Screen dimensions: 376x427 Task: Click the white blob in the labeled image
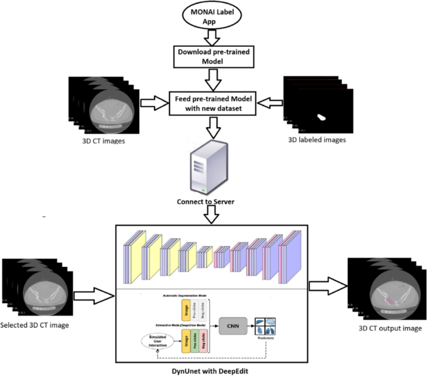click(x=323, y=116)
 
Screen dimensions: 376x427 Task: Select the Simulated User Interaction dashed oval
click(x=160, y=341)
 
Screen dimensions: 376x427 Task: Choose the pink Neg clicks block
click(x=205, y=342)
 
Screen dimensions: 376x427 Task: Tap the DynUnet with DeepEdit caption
click(x=213, y=371)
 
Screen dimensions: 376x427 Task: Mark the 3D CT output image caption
click(x=390, y=328)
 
